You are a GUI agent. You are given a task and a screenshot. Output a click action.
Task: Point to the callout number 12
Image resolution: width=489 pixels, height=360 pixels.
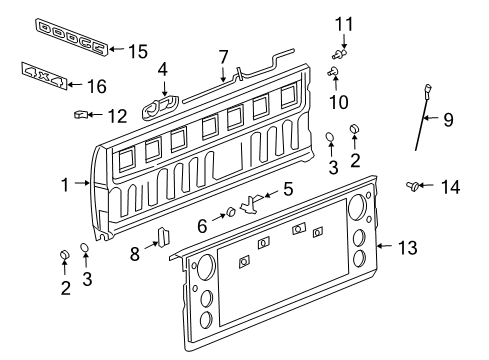click(118, 115)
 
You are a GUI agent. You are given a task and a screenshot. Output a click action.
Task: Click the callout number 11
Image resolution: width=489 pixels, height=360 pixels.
click(344, 23)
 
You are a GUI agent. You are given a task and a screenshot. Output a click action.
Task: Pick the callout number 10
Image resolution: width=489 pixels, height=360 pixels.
click(343, 101)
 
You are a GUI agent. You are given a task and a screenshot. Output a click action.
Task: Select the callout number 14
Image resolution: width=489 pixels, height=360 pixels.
click(453, 185)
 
